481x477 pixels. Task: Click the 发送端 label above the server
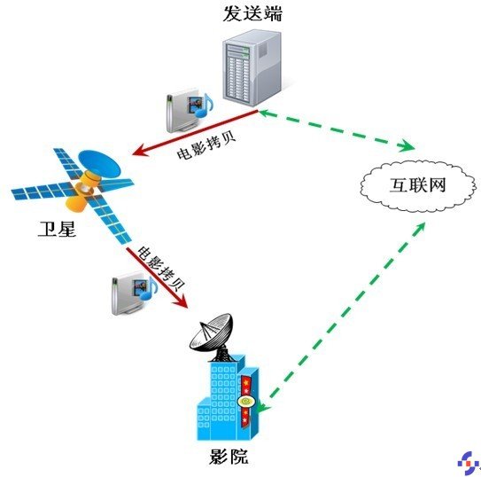point(252,14)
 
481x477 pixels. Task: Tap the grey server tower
point(252,68)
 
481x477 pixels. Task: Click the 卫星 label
point(57,229)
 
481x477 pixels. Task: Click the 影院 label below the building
point(229,457)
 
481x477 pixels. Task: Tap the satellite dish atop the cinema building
point(212,333)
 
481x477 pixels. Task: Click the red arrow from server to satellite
point(195,133)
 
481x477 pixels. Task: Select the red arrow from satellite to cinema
point(157,277)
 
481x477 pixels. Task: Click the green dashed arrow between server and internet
point(337,130)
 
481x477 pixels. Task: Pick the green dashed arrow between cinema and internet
point(341,317)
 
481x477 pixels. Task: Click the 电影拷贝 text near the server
point(206,145)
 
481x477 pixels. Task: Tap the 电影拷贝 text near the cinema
point(160,268)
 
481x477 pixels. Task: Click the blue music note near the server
point(205,106)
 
